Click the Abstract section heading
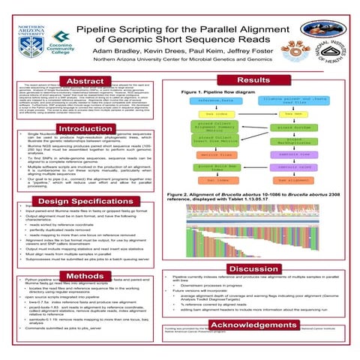click(x=85, y=81)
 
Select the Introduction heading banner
click(x=85, y=129)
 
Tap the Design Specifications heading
click(x=85, y=202)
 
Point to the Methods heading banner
click(x=85, y=277)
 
